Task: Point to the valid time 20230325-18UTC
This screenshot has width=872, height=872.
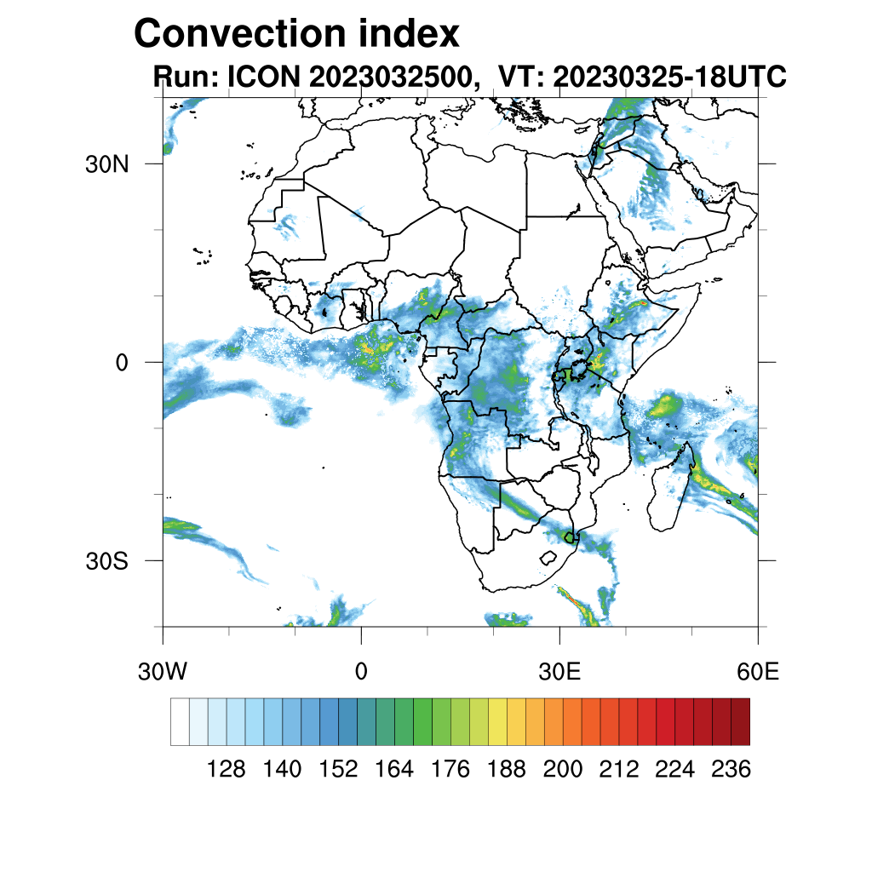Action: point(669,77)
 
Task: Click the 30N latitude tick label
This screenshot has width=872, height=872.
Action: point(106,164)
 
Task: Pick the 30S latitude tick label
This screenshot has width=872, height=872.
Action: point(106,561)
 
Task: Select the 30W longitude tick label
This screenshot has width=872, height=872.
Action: point(162,671)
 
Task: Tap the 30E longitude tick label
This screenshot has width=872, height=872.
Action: point(559,671)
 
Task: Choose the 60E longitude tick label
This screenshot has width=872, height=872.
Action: point(758,671)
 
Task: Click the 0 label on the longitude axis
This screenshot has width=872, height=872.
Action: point(361,671)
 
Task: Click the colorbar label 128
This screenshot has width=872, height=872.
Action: point(227,770)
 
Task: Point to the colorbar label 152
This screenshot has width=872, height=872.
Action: point(338,770)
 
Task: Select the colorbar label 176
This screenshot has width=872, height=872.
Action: point(450,770)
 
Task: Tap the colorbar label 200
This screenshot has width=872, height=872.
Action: point(563,770)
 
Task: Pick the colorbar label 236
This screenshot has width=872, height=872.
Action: point(731,770)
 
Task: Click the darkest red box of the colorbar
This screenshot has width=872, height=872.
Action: point(740,721)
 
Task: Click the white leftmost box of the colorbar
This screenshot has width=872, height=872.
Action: point(180,721)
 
